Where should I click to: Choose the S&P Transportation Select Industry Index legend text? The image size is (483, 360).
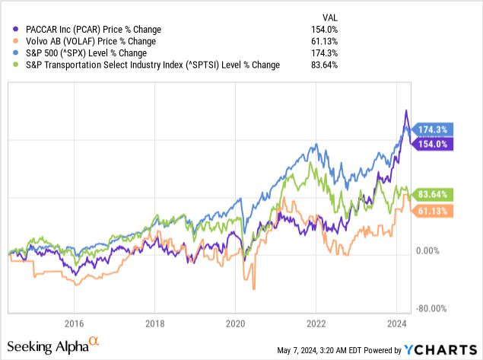tap(149, 65)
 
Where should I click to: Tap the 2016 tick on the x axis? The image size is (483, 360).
tap(74, 322)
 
